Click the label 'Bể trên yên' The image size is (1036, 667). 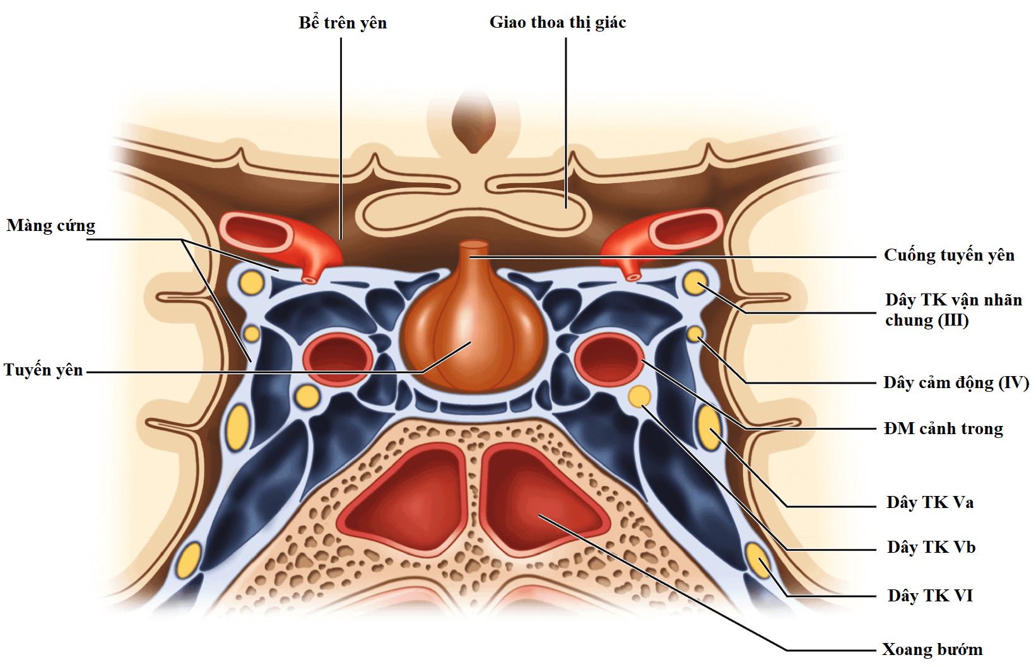pyautogui.click(x=342, y=23)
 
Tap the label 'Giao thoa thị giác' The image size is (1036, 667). pyautogui.click(x=558, y=23)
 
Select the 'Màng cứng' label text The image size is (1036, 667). pyautogui.click(x=51, y=225)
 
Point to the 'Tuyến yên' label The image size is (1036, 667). pyautogui.click(x=44, y=370)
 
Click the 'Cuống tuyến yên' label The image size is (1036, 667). pyautogui.click(x=949, y=255)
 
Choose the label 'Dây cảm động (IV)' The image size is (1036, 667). pyautogui.click(x=956, y=382)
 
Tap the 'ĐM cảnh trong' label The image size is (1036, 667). pyautogui.click(x=943, y=428)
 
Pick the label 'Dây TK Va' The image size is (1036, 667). pyautogui.click(x=929, y=502)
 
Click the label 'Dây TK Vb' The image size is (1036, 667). pyautogui.click(x=931, y=546)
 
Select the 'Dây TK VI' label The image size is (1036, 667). pyautogui.click(x=930, y=595)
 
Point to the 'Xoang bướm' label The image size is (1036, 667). pyautogui.click(x=932, y=649)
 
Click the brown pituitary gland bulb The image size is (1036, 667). pyautogui.click(x=470, y=338)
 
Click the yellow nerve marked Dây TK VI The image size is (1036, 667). pyautogui.click(x=758, y=560)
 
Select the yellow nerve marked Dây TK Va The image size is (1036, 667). pyautogui.click(x=709, y=428)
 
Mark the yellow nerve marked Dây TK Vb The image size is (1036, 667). pyautogui.click(x=640, y=396)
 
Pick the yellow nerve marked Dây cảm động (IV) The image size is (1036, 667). pyautogui.click(x=694, y=333)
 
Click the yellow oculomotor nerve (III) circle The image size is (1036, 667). pyautogui.click(x=695, y=283)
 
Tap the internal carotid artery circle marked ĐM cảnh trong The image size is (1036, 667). pyautogui.click(x=609, y=359)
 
